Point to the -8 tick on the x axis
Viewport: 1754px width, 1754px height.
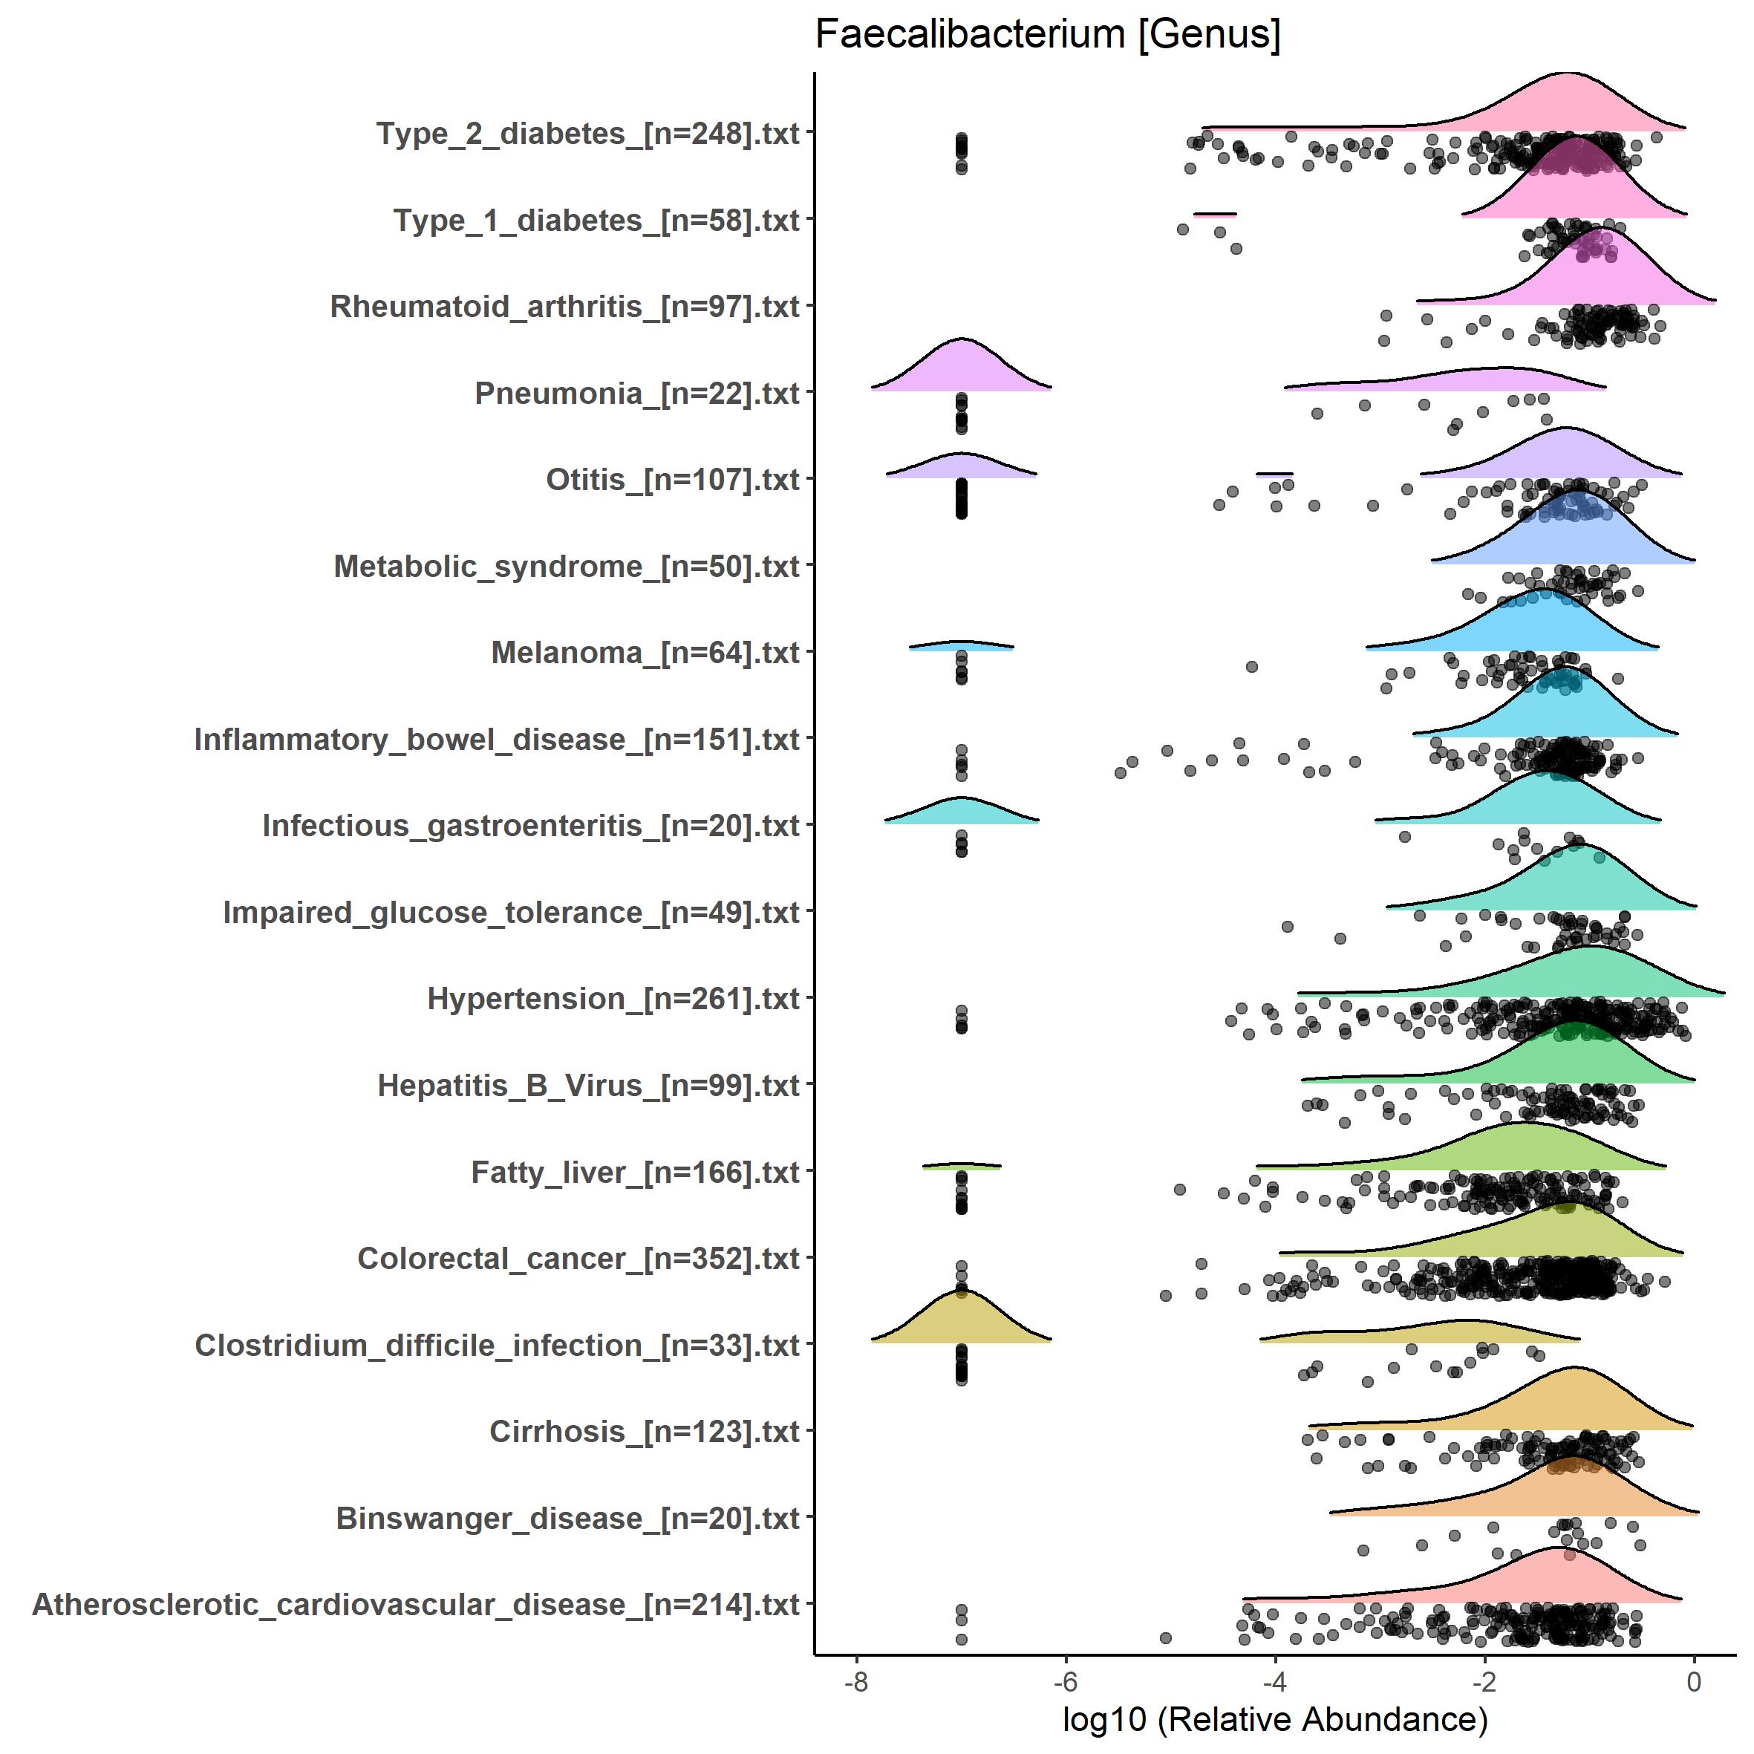click(856, 1682)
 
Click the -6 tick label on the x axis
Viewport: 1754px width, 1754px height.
click(1065, 1682)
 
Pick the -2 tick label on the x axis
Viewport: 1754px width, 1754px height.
click(1484, 1682)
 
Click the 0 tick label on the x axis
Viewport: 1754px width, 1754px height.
click(1693, 1682)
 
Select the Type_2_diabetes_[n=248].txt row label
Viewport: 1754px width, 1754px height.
click(587, 134)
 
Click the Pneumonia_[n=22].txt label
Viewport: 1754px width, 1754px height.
click(636, 393)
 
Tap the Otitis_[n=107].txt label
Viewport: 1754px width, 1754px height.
click(672, 480)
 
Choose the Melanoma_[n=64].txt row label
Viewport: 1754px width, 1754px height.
click(645, 653)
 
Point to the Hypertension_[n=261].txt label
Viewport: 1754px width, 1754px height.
click(613, 999)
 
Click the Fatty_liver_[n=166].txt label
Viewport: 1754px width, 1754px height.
click(635, 1172)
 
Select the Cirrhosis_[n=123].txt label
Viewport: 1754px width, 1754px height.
click(644, 1432)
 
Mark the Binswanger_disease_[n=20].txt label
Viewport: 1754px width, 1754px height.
click(567, 1518)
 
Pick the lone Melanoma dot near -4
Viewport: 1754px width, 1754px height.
click(1252, 666)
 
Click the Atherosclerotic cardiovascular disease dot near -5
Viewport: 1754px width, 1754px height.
click(1166, 1638)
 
